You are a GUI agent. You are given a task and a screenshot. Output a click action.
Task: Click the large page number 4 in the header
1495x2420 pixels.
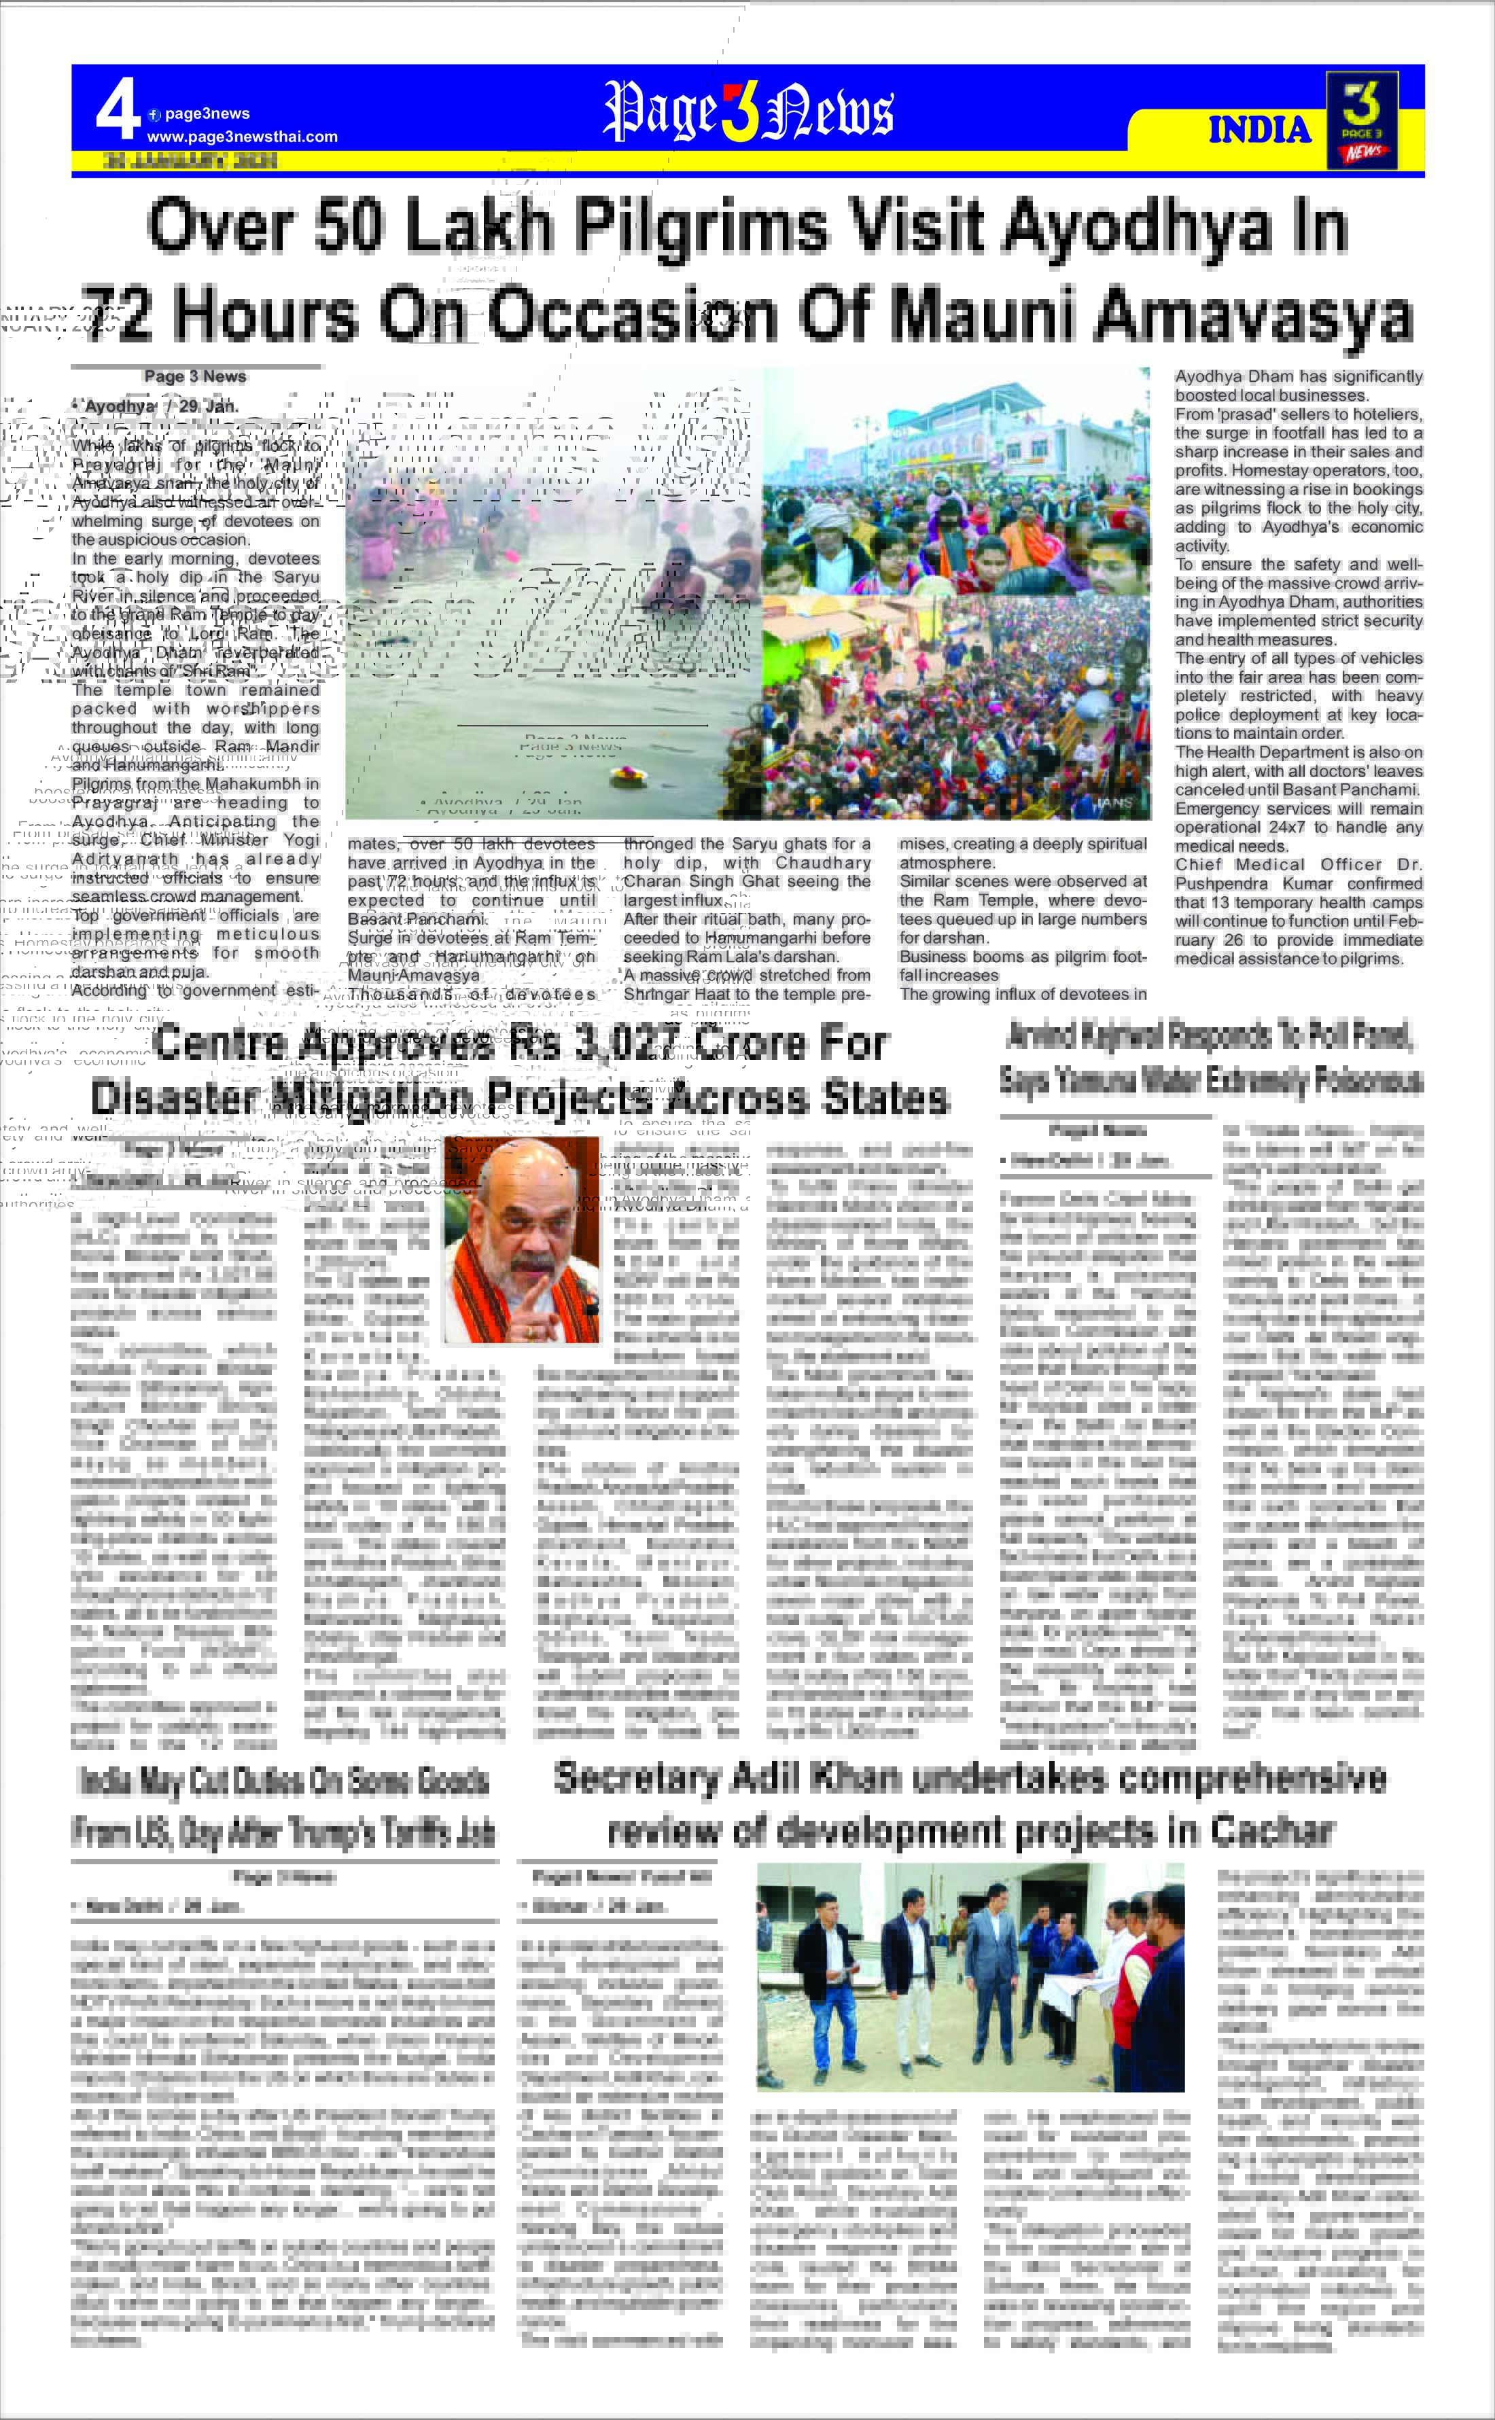pos(118,111)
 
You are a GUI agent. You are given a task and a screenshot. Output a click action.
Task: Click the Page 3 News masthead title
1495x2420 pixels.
pos(748,111)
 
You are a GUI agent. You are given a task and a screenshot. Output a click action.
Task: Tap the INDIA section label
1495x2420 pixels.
pos(1259,130)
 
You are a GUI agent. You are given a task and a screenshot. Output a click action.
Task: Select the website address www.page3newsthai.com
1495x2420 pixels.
pos(242,137)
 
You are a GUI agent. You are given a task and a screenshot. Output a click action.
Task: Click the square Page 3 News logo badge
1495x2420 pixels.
pos(1362,120)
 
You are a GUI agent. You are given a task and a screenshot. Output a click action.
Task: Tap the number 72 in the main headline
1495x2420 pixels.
pos(117,315)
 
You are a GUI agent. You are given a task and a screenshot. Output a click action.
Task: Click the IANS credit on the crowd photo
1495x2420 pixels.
pos(1113,803)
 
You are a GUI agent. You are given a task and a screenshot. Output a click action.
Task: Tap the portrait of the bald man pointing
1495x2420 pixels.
pos(521,1240)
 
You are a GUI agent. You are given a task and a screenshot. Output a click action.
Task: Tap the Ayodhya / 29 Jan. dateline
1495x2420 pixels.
pos(155,406)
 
